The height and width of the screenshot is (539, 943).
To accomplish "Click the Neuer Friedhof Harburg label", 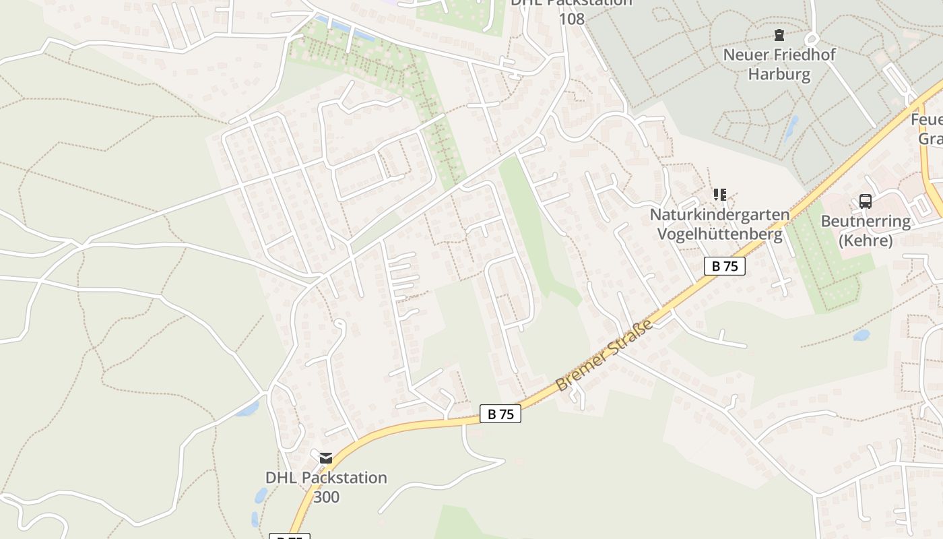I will pyautogui.click(x=779, y=64).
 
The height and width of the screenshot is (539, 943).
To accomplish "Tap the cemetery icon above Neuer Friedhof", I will pyautogui.click(x=779, y=34).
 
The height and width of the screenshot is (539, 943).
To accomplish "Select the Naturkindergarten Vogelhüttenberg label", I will pyautogui.click(x=719, y=224).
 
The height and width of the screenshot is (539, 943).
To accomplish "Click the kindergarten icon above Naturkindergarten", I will pyautogui.click(x=719, y=195).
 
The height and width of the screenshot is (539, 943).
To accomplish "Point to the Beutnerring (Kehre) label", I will pyautogui.click(x=866, y=230).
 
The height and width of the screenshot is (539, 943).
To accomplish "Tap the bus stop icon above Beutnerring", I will pyautogui.click(x=866, y=201).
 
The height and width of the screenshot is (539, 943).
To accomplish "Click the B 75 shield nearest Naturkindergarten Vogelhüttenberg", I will pyautogui.click(x=725, y=266).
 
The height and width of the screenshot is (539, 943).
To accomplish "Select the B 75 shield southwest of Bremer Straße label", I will pyautogui.click(x=500, y=414).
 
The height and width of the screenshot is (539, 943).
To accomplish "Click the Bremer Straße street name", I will pyautogui.click(x=605, y=356).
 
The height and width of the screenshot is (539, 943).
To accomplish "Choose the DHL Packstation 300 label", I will pyautogui.click(x=326, y=487).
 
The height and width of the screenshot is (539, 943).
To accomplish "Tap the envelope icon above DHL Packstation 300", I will pyautogui.click(x=326, y=458).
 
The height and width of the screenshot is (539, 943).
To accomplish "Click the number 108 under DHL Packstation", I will pyautogui.click(x=571, y=18).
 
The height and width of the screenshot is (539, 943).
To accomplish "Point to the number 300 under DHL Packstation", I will pyautogui.click(x=326, y=497).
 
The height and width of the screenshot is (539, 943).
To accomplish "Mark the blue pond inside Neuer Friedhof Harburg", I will pyautogui.click(x=791, y=127).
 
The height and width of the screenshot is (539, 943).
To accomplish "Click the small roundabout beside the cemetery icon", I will pyautogui.click(x=811, y=38).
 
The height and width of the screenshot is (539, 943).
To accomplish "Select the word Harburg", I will pyautogui.click(x=779, y=74).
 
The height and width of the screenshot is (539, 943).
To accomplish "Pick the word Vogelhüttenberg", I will pyautogui.click(x=719, y=234).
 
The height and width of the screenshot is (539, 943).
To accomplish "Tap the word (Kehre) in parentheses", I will pyautogui.click(x=866, y=241).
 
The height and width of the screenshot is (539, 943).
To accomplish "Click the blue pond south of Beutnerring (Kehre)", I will pyautogui.click(x=861, y=335).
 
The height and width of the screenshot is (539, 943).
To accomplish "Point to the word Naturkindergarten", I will pyautogui.click(x=719, y=215).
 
